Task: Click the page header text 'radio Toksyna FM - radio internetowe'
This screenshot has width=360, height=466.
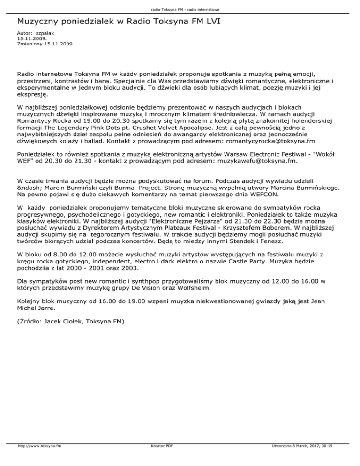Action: [180, 9]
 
